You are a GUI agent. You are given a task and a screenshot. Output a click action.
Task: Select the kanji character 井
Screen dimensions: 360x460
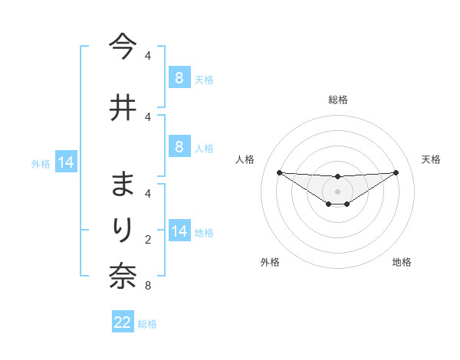click(123, 107)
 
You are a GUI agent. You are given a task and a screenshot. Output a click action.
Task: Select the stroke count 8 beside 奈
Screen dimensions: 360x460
click(147, 286)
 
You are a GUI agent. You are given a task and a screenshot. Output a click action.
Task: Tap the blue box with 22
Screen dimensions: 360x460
click(123, 322)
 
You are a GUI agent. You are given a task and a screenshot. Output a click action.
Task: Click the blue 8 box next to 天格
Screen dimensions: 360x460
click(179, 78)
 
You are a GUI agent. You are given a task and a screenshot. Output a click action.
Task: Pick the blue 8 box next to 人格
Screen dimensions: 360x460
click(179, 147)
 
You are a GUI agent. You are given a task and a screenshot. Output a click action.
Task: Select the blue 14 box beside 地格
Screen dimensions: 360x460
click(179, 232)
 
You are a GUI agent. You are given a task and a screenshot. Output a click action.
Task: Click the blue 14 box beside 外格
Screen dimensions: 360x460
click(64, 162)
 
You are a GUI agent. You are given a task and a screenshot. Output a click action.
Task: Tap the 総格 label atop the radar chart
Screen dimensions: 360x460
click(337, 100)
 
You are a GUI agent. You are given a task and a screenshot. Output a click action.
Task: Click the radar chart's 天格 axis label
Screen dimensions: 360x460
click(431, 159)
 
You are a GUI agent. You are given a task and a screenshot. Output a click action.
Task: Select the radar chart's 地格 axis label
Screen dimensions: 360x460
click(402, 262)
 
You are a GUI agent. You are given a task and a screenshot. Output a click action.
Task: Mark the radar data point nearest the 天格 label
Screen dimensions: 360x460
click(396, 172)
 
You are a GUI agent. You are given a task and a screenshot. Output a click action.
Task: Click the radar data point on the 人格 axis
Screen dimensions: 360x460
click(279, 172)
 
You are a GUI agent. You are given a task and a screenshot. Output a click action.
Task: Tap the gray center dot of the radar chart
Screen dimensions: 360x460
click(337, 191)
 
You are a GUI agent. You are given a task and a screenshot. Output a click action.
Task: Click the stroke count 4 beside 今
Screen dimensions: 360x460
click(147, 56)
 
